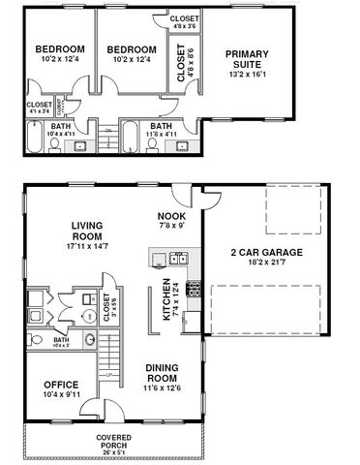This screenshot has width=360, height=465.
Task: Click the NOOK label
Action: coord(170,216)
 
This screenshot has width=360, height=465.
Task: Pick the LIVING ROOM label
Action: coord(86,231)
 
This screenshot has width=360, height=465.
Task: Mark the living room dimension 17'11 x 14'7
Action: coord(86,247)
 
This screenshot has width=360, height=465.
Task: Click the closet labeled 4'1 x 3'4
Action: coord(39,108)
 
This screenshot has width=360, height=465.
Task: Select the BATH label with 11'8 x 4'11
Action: coord(162,128)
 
